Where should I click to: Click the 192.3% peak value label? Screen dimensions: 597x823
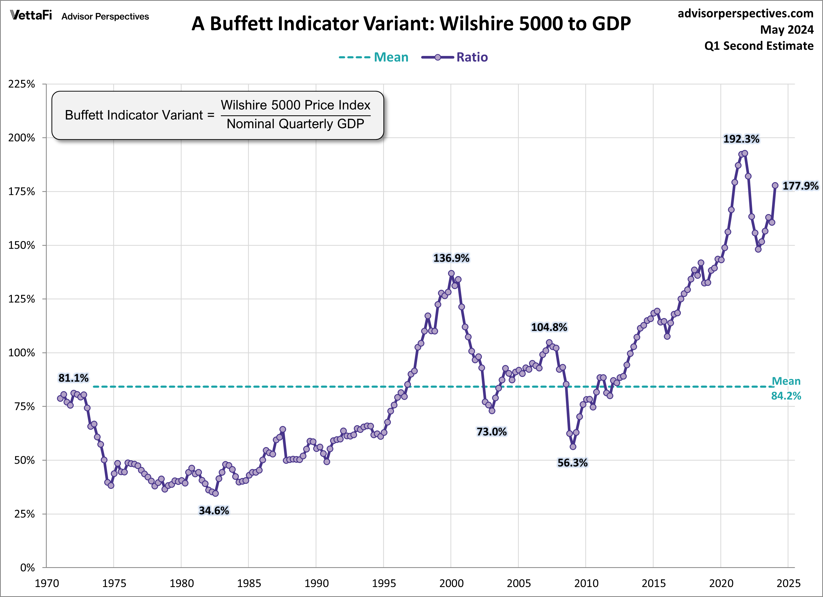(x=741, y=139)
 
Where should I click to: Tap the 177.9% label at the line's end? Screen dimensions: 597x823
(x=800, y=186)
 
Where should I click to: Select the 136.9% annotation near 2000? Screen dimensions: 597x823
(x=451, y=258)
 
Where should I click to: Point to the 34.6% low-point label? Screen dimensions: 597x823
(x=214, y=511)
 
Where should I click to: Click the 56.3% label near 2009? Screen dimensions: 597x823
(x=572, y=463)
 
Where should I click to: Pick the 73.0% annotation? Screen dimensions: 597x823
(x=491, y=432)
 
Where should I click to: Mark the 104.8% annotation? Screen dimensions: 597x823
(x=549, y=327)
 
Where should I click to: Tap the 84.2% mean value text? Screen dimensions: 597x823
(x=786, y=396)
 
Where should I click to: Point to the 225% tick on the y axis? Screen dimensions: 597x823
(x=22, y=84)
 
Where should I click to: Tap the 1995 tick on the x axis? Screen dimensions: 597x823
(x=384, y=584)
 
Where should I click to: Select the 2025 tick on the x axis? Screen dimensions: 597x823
(x=788, y=584)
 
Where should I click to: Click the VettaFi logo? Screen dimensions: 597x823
(x=31, y=15)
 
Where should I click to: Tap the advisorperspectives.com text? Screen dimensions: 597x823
(x=745, y=13)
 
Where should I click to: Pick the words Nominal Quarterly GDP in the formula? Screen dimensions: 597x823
(x=295, y=124)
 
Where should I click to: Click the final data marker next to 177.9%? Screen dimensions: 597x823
(x=775, y=186)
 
